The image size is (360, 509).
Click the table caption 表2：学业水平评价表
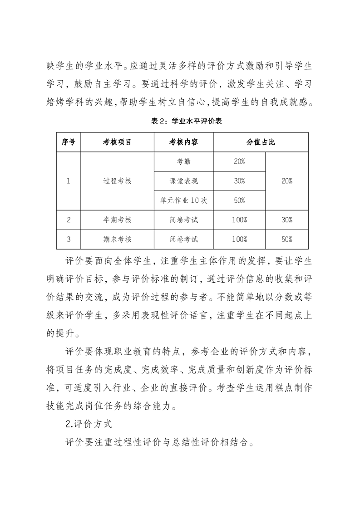(180, 121)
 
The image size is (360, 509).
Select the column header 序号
(68, 142)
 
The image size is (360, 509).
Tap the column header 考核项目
(117, 142)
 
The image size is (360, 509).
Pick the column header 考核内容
(183, 142)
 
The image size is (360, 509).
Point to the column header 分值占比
(261, 142)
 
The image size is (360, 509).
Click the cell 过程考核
(117, 181)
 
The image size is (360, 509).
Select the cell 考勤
(183, 162)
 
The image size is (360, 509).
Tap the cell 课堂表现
(183, 181)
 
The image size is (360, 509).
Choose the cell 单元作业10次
(183, 201)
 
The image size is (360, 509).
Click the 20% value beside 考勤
(239, 162)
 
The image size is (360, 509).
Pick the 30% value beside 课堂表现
(239, 181)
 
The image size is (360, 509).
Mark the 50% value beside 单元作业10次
(239, 201)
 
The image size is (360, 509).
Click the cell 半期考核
(117, 220)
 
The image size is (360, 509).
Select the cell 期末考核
(117, 239)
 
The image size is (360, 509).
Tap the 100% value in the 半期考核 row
(239, 220)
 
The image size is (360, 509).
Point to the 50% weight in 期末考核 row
(286, 239)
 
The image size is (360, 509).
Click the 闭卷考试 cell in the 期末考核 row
(183, 239)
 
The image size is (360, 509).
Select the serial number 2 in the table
(68, 220)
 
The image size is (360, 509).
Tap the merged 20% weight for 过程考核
(286, 181)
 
